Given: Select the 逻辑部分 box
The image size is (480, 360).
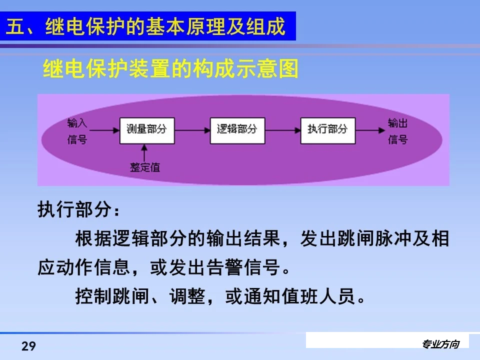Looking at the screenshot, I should [236, 129].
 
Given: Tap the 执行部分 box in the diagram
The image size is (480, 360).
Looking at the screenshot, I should [327, 129].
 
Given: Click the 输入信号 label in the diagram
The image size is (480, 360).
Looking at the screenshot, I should [77, 131].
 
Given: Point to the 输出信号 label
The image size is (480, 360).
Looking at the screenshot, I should [397, 131].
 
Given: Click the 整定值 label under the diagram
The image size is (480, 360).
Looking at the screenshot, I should [145, 167].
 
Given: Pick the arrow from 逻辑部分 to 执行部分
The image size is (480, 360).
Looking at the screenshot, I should [282, 129].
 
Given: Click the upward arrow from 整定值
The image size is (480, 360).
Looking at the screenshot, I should [145, 152].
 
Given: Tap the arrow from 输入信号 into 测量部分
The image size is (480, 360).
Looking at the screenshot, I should [103, 129].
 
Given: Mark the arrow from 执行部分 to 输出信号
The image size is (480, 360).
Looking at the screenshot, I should [370, 129].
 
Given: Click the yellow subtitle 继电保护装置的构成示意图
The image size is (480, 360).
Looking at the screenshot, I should [171, 69].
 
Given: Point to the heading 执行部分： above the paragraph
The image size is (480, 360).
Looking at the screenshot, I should [79, 210].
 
